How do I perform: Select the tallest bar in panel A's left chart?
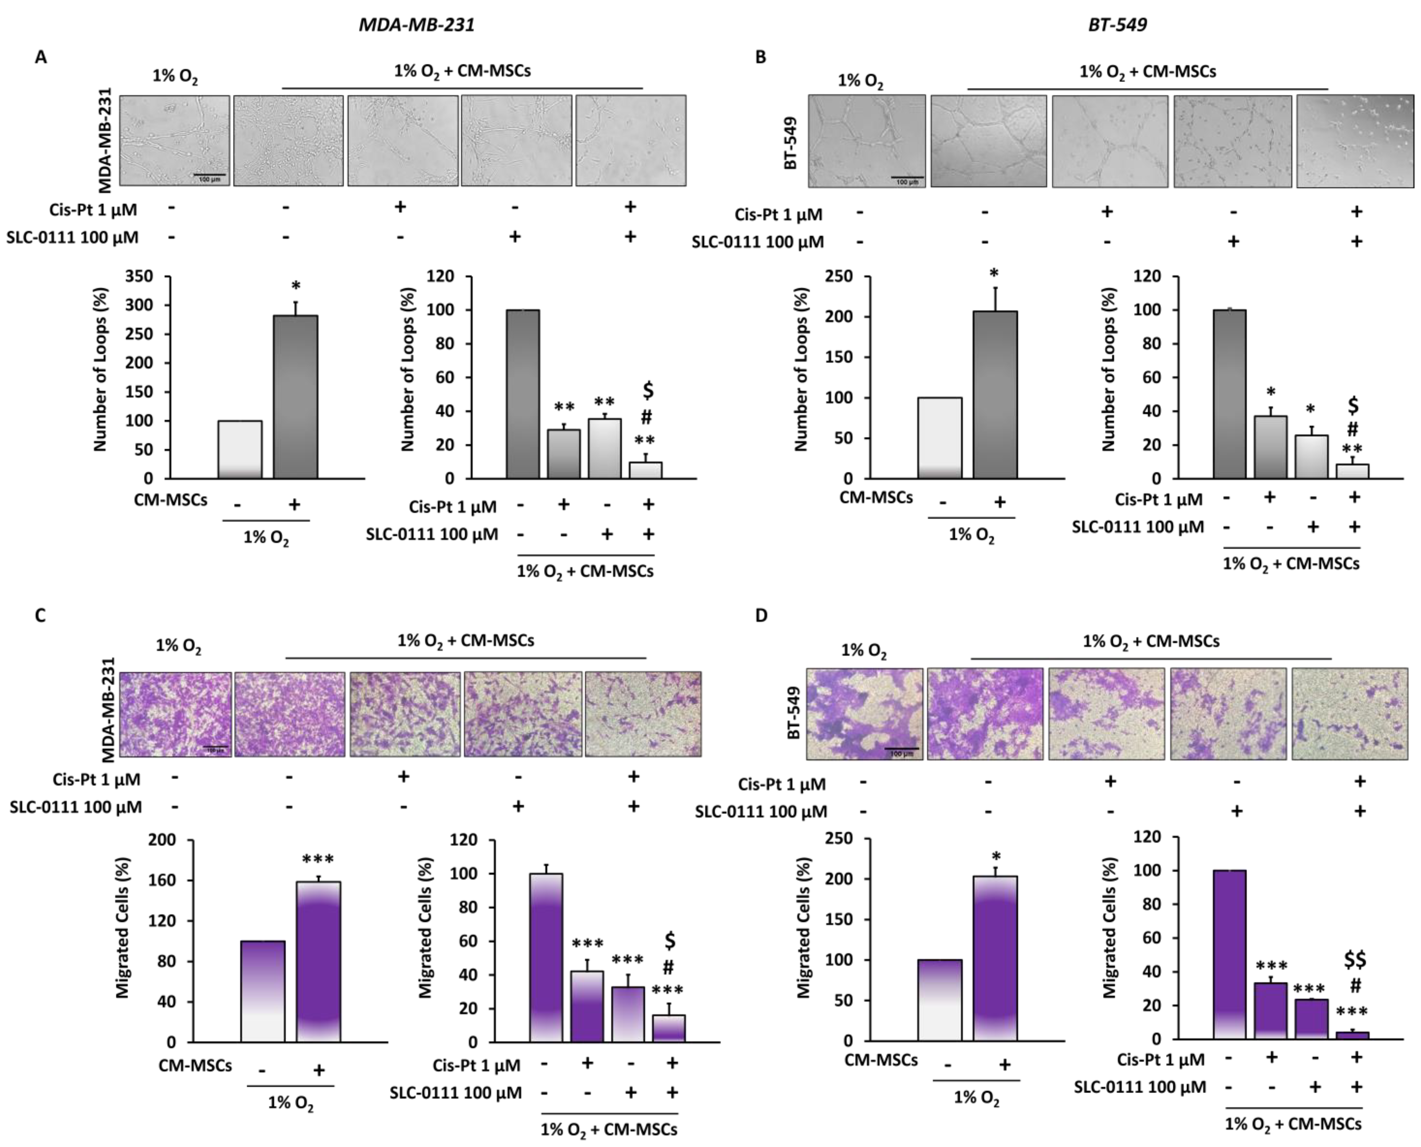[295, 397]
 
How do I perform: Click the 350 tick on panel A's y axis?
[139, 276]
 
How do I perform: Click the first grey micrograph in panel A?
[175, 140]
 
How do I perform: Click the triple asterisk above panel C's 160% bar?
[318, 860]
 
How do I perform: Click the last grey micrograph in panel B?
[1355, 141]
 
